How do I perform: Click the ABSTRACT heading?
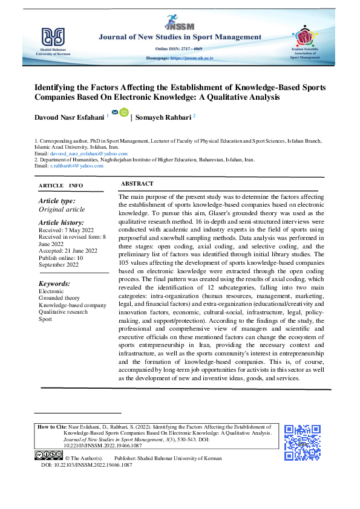pos(137,184)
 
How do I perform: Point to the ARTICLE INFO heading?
pos(61,185)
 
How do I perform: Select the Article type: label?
pos(57,201)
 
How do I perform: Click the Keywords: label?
pos(54,284)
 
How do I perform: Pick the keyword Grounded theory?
pos(59,297)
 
